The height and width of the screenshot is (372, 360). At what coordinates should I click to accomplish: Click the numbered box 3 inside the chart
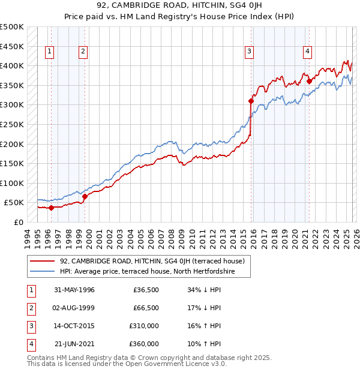(248, 52)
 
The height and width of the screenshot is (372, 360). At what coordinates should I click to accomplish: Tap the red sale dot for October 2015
(250, 101)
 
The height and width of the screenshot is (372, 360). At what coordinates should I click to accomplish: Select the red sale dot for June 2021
(309, 82)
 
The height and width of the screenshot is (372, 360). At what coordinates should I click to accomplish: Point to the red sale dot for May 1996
(51, 208)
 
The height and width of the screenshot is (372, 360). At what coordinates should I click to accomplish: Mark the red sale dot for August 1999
(85, 196)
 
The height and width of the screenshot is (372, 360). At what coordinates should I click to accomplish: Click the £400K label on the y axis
(12, 65)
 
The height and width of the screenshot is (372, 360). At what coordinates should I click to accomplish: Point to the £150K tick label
(12, 163)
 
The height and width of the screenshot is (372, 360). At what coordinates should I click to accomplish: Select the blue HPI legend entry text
(147, 272)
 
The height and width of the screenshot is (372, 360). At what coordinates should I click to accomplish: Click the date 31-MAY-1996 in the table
(74, 290)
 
